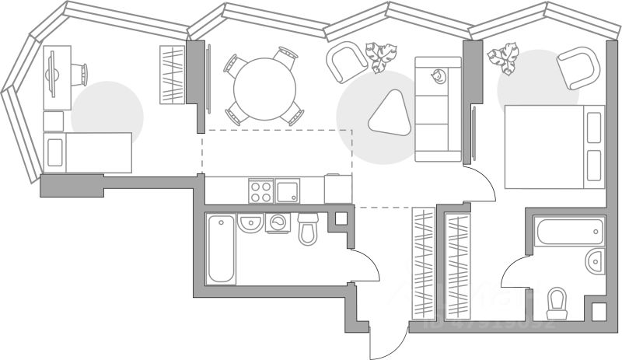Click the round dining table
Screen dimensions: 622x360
[265, 86]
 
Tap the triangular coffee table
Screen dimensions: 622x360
[388, 114]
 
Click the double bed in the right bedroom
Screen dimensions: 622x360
[554, 147]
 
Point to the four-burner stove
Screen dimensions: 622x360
[260, 190]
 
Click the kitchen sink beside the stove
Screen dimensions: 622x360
[287, 190]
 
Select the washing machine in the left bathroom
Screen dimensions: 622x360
[278, 222]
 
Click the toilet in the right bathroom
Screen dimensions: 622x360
[557, 302]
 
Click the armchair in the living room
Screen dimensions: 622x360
[344, 62]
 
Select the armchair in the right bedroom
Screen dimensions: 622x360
[578, 68]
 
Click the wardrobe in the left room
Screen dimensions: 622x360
[171, 75]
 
